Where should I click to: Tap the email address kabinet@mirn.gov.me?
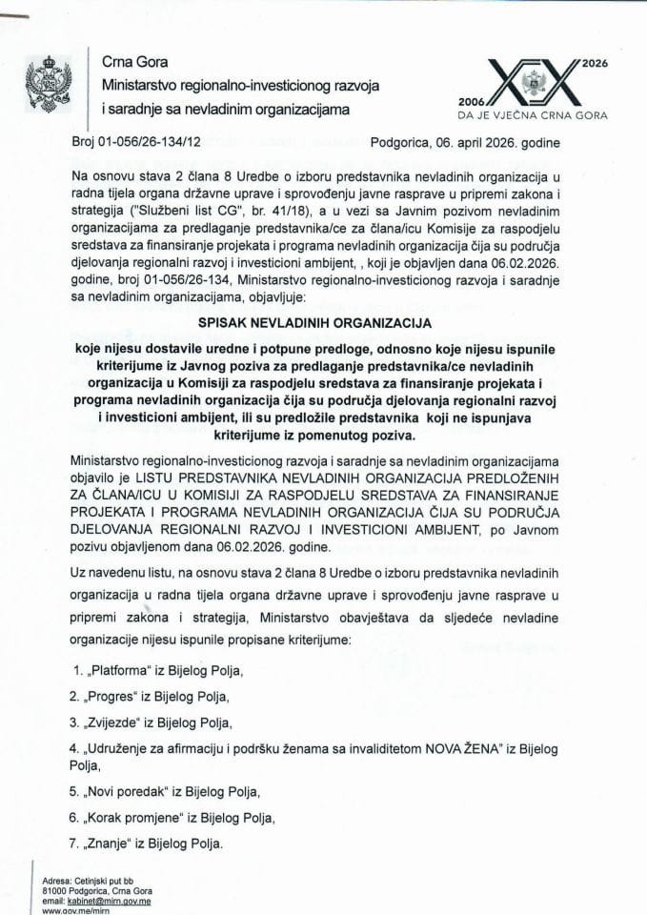[x=104, y=901]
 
